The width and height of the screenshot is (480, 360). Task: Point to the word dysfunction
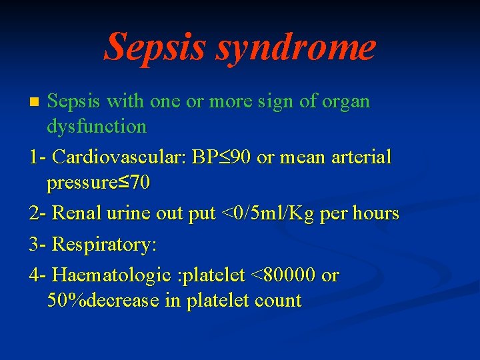coord(97,126)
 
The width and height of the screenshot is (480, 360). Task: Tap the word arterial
coord(362,157)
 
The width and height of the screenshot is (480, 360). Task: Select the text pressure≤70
coord(99,183)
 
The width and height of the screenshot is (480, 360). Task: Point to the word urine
coord(131,213)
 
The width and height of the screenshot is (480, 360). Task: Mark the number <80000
coord(282,275)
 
